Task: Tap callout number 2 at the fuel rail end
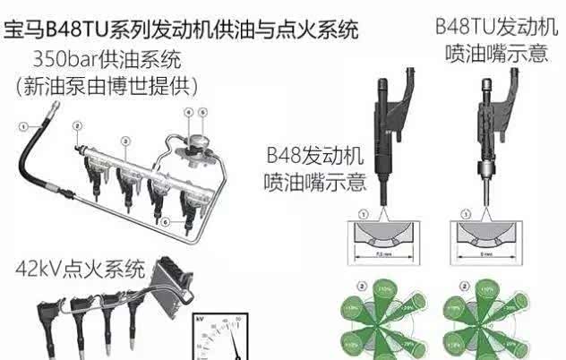coord(78,125)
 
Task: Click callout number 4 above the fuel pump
coord(188,113)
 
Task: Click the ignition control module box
coord(170,270)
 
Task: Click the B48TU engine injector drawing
coord(487,134)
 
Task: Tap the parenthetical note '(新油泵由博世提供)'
coord(107,87)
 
